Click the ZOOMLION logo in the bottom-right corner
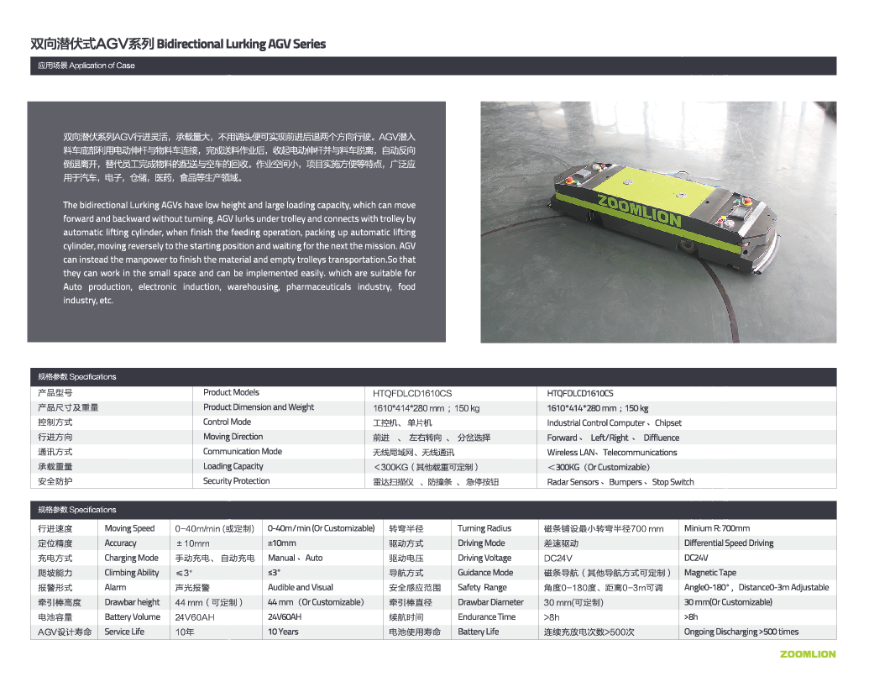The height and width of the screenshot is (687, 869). click(807, 653)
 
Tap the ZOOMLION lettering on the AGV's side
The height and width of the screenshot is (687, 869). click(639, 211)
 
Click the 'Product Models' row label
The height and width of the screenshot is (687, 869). click(231, 392)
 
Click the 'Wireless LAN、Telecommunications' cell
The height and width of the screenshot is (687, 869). click(611, 452)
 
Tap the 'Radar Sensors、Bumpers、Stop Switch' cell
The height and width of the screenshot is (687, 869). click(620, 482)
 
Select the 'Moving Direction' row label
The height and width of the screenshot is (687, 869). click(233, 437)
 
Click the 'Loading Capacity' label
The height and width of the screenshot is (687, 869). click(233, 466)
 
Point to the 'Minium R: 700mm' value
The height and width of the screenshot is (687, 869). click(717, 528)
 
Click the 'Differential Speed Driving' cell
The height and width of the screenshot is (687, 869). click(729, 543)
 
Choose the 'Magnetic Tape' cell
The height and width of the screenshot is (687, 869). click(710, 573)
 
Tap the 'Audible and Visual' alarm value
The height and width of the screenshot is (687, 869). click(300, 587)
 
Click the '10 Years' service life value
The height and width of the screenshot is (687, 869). click(283, 632)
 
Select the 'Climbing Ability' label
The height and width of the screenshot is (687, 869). click(131, 573)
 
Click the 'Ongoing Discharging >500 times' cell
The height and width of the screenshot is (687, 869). click(741, 632)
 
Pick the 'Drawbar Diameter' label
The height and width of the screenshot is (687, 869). click(490, 602)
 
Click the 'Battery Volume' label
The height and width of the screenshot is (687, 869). click(132, 616)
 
